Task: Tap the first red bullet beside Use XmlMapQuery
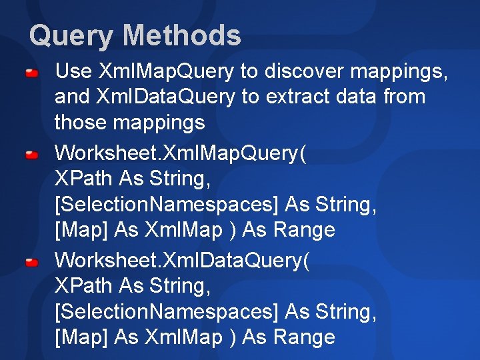(x=31, y=71)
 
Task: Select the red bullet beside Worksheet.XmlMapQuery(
(x=31, y=155)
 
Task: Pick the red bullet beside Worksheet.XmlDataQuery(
(x=31, y=262)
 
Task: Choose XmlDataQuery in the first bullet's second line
(x=166, y=97)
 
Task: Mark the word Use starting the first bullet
(x=73, y=70)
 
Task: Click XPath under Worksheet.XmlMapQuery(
(x=84, y=179)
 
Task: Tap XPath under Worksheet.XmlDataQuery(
(x=84, y=285)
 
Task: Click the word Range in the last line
(x=305, y=337)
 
